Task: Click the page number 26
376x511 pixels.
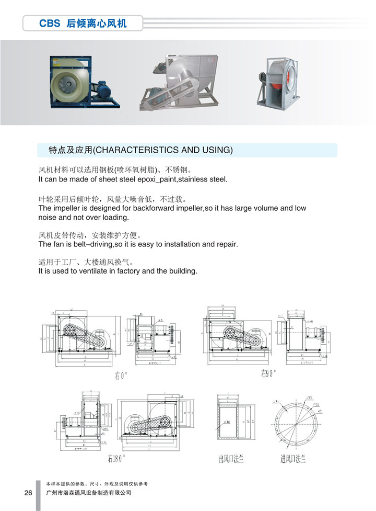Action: click(28, 493)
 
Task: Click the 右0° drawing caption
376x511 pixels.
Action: click(121, 376)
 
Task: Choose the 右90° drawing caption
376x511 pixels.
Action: click(268, 373)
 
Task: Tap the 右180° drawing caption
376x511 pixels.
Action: click(116, 459)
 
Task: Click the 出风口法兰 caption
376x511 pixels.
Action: click(231, 459)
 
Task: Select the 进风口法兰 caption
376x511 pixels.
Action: click(292, 459)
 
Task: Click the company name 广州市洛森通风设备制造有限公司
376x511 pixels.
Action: click(89, 493)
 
